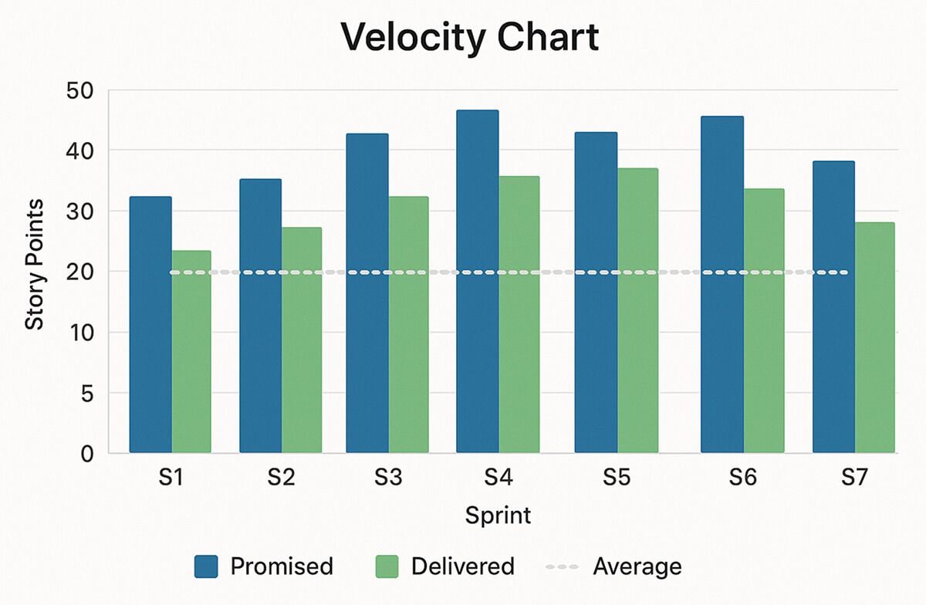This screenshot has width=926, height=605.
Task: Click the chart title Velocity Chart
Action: [470, 38]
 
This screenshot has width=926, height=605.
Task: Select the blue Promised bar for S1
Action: [150, 324]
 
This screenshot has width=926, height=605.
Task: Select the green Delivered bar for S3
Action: [408, 324]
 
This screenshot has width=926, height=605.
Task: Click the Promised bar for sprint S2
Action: [260, 316]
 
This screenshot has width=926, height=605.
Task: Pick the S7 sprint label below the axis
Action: [854, 478]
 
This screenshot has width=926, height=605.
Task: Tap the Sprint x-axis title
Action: [498, 515]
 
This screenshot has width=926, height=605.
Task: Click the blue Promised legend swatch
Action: [206, 567]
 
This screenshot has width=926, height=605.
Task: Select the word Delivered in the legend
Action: [462, 567]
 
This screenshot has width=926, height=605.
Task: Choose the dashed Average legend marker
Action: [562, 567]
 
